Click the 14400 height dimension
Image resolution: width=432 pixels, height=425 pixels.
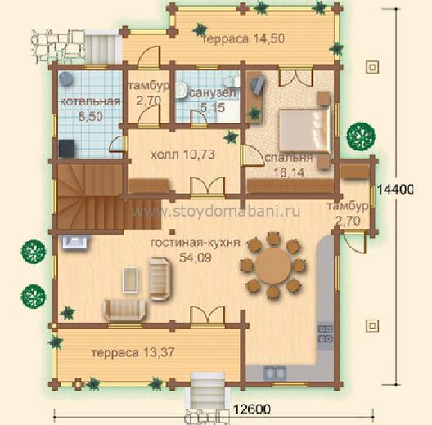pos(395,190)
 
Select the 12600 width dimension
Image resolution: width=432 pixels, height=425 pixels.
pos(252,409)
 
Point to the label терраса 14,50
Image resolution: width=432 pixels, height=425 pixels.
pos(244,38)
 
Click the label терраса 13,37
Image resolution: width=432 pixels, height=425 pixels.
pos(133,352)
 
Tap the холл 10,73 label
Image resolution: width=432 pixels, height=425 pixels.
pos(182,154)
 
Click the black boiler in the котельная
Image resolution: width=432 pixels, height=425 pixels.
pos(66,149)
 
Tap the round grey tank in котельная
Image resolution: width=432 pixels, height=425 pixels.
pos(66,78)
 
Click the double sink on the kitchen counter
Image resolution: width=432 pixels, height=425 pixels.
pos(274,374)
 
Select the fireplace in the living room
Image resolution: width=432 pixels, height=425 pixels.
pos(75,242)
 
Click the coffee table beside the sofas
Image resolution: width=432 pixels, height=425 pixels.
pos(131,280)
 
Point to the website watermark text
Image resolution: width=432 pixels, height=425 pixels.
pos(215,212)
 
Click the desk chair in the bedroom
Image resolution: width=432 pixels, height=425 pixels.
pos(259,83)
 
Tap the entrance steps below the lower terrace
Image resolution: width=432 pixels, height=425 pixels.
pos(208,387)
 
